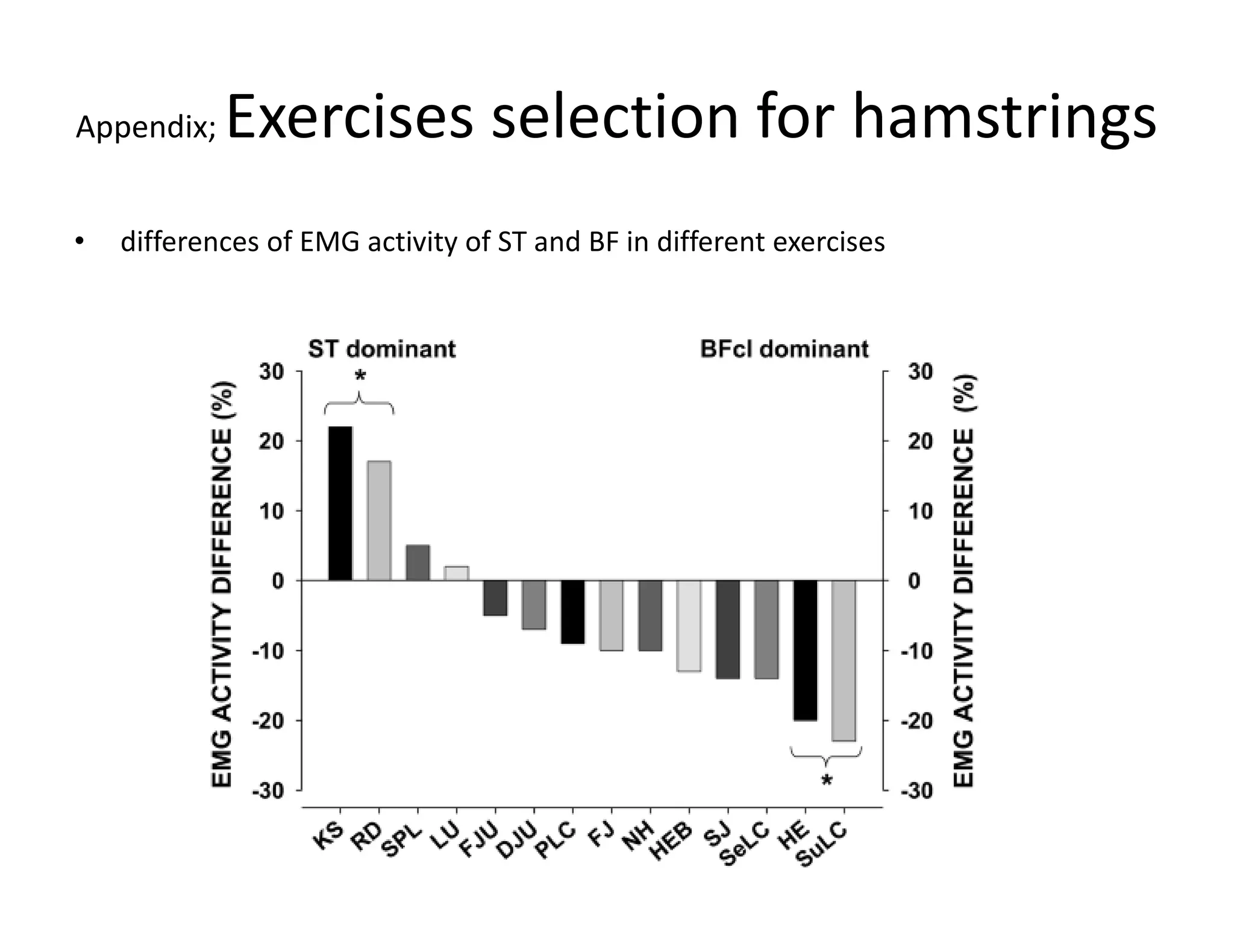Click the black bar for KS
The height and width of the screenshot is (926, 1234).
[340, 503]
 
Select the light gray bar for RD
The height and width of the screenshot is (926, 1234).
[379, 520]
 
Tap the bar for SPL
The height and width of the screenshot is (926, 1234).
[418, 562]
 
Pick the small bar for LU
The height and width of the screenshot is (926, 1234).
[456, 573]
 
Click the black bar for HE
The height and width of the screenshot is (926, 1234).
[805, 650]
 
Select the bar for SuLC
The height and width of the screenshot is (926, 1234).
[844, 660]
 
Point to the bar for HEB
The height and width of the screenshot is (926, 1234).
[689, 626]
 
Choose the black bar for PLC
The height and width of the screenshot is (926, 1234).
[572, 612]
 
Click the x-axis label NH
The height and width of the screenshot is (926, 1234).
[637, 837]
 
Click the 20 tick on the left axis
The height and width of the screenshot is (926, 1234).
[271, 441]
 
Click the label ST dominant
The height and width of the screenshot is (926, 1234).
[382, 349]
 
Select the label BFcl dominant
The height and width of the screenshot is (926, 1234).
[784, 349]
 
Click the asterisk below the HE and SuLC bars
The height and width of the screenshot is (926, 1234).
[827, 781]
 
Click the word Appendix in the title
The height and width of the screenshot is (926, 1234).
[145, 127]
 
